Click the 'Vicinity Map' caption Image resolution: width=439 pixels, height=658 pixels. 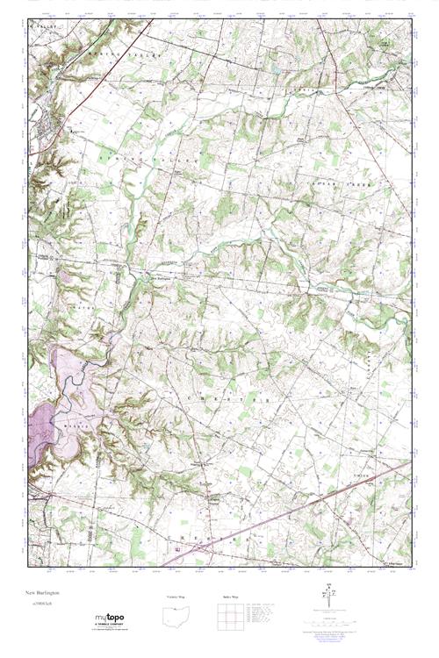coord(176,597)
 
